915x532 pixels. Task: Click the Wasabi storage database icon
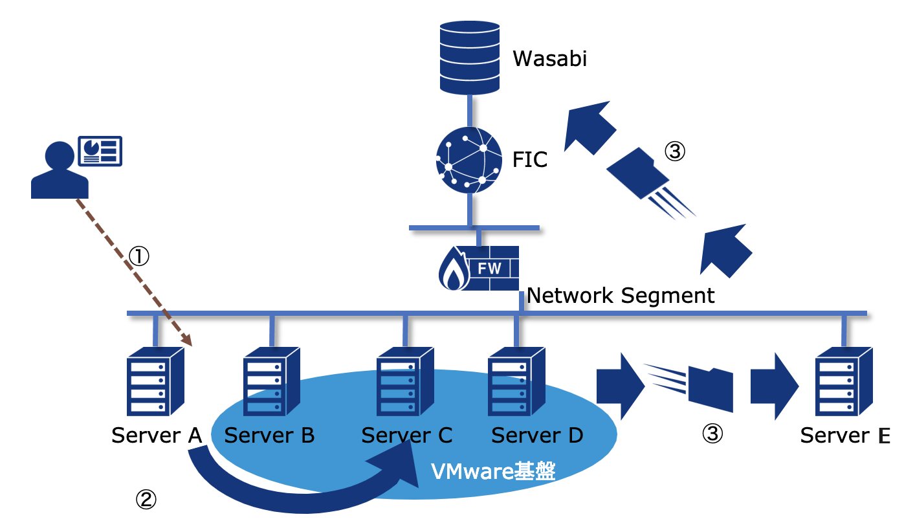click(469, 56)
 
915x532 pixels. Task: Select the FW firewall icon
click(479, 268)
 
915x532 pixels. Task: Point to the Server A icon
click(155, 381)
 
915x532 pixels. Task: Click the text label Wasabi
click(549, 59)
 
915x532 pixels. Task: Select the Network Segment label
click(621, 296)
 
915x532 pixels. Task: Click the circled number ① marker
click(139, 256)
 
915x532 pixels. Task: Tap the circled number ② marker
click(145, 498)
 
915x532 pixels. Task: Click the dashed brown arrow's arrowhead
click(188, 340)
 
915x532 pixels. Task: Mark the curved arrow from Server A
click(291, 495)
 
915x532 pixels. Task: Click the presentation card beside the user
click(100, 150)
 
